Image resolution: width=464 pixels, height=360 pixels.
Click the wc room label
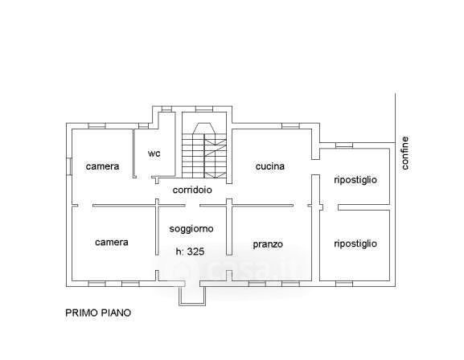coord(154,153)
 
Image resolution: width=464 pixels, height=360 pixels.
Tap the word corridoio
coord(192,190)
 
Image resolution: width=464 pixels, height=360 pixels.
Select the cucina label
coord(270,166)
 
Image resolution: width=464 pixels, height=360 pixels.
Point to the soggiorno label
coord(191,229)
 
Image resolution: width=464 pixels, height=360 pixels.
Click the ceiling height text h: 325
coord(190,252)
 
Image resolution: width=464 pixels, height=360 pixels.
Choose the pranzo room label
coord(268,244)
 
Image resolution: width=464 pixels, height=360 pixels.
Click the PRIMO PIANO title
coord(98,313)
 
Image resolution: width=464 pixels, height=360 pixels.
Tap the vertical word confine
coord(404,153)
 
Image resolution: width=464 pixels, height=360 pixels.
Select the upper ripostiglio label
coord(355,180)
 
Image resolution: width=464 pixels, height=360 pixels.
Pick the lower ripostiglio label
coord(355,243)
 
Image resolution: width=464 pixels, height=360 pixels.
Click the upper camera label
coord(102,166)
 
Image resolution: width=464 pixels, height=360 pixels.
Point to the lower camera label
coord(112,242)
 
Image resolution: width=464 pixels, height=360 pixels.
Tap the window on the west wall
coord(69,166)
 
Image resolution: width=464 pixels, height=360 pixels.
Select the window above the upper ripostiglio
coord(344,145)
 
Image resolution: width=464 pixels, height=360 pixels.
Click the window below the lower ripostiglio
coord(344,284)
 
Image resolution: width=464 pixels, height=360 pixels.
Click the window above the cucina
coord(290,126)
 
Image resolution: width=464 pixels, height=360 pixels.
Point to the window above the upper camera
coord(97,126)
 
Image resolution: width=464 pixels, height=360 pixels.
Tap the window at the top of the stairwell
coord(204,108)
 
